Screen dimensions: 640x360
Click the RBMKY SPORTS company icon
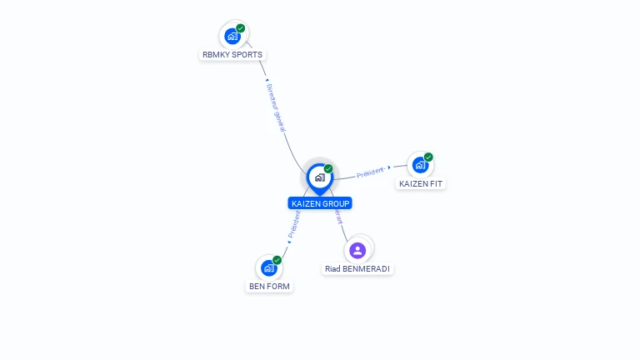[232, 37]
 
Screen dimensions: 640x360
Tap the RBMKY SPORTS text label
[232, 55]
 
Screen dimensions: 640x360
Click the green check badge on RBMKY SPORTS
[241, 28]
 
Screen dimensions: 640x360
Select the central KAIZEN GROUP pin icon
[319, 177]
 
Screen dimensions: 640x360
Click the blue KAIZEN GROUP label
[320, 203]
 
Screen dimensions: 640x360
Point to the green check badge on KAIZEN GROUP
[328, 169]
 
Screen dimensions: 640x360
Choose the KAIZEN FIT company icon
[420, 165]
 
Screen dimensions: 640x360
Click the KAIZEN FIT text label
[421, 183]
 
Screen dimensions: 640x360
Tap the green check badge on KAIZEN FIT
[428, 157]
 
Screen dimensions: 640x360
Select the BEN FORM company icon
[268, 268]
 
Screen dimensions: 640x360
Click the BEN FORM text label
[270, 287]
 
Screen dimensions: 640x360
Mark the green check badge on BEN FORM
[277, 260]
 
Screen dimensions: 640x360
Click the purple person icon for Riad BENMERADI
[357, 250]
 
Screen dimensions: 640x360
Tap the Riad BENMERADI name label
[357, 269]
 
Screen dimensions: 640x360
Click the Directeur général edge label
[276, 108]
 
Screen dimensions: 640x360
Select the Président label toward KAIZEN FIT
[370, 172]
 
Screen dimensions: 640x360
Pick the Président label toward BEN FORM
[295, 223]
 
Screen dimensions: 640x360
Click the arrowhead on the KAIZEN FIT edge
[389, 167]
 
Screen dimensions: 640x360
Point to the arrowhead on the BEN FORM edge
[289, 242]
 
